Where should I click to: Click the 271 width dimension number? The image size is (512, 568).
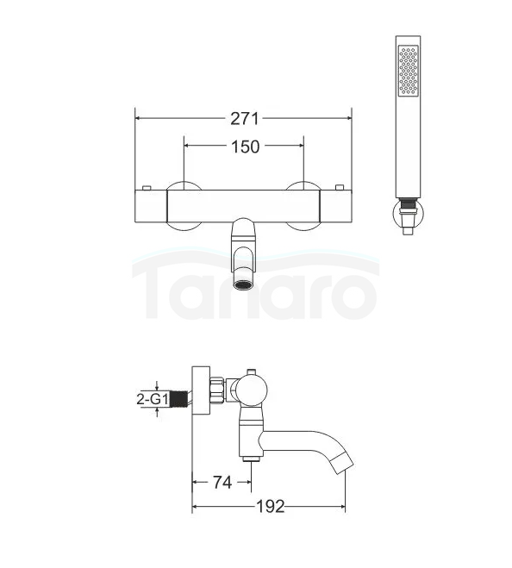point(245,119)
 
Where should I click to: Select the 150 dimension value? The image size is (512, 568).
point(246,147)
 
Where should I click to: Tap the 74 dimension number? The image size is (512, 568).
point(222,482)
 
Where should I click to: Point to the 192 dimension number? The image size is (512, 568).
point(271,507)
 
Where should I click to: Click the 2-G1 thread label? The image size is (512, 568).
point(153,399)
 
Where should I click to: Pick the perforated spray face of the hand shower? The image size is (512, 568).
point(408,71)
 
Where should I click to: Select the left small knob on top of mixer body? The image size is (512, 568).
point(147,188)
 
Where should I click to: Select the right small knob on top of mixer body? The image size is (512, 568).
point(340,188)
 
